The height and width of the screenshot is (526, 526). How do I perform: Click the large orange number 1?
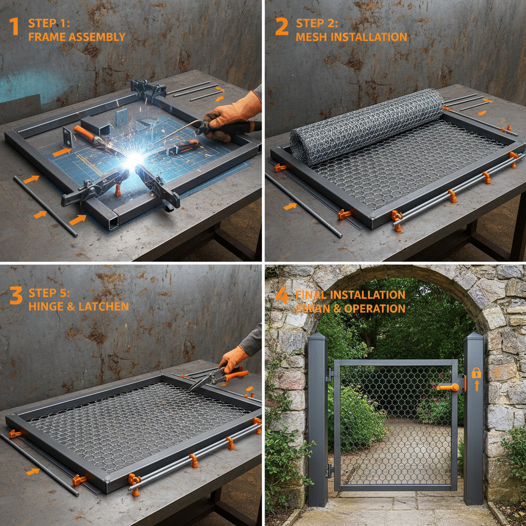tap(15, 27)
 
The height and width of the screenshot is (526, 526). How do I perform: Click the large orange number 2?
tap(281, 27)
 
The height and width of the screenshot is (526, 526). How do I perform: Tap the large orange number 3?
tap(15, 296)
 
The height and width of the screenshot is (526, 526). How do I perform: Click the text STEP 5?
tap(49, 293)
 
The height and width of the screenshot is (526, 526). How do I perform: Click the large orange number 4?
tap(282, 296)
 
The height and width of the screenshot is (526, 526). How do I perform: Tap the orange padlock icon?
tap(476, 372)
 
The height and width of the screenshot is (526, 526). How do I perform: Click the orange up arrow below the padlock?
tap(476, 385)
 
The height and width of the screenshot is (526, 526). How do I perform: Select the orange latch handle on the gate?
tap(448, 387)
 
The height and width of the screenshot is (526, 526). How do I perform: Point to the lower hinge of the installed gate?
tap(329, 469)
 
